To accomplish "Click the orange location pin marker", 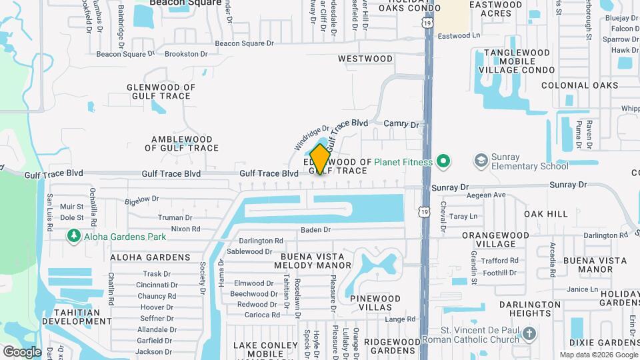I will (x=320, y=159).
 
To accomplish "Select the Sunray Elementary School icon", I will (x=481, y=161).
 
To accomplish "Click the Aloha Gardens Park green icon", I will (x=73, y=236).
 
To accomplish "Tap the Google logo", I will (x=21, y=351).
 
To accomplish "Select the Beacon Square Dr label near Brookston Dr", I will (x=125, y=54).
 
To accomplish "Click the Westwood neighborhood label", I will (x=365, y=59).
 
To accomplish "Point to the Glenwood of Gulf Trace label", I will (x=161, y=91).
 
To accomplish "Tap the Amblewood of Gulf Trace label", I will (x=185, y=143).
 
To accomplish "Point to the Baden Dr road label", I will (x=315, y=230).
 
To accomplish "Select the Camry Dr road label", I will (x=401, y=125).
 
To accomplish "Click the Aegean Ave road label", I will (x=486, y=195).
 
